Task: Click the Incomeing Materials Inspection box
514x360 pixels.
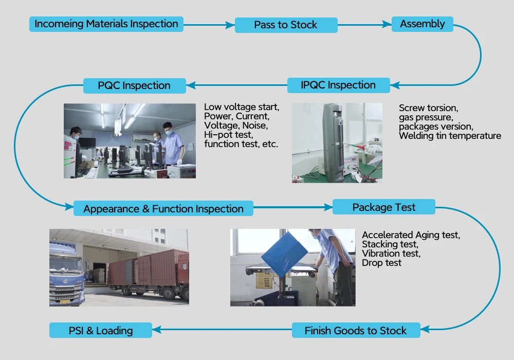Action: [106, 24]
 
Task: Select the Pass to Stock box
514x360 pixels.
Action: [286, 25]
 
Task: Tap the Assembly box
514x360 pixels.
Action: [422, 24]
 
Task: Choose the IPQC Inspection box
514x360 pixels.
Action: [338, 85]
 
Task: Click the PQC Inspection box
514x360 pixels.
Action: [134, 85]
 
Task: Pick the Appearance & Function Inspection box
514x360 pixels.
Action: [163, 209]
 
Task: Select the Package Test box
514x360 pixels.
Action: [384, 207]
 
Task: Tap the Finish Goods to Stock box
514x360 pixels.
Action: [356, 331]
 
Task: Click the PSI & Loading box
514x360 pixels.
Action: [101, 331]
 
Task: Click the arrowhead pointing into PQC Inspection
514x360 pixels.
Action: [190, 85]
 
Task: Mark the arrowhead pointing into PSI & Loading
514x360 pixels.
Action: [156, 331]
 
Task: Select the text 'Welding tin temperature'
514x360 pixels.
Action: [450, 136]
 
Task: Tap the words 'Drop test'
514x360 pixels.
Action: [381, 263]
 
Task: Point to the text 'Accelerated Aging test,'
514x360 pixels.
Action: [411, 235]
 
